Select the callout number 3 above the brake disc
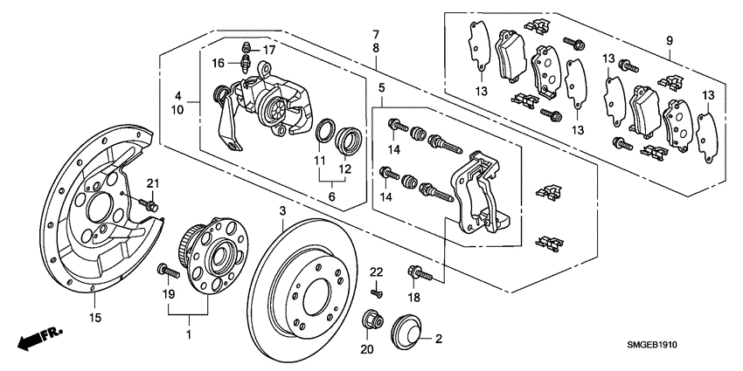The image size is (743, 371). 282,212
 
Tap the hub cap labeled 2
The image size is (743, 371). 405,331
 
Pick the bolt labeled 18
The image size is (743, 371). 420,272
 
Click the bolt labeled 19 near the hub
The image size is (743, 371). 166,271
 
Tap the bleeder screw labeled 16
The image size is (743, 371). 245,63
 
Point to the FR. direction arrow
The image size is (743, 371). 36,339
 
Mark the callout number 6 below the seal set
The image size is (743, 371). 331,198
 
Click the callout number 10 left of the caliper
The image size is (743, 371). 178,110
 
